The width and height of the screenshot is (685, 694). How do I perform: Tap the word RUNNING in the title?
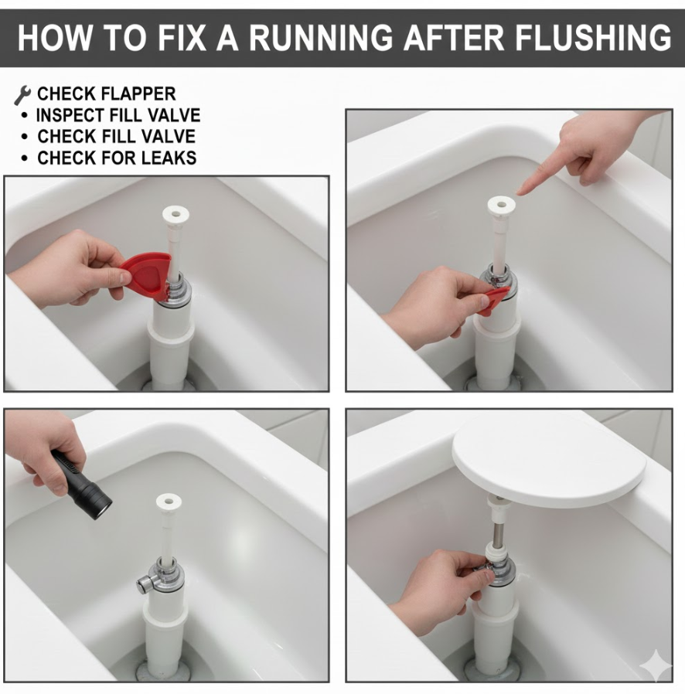point(321,37)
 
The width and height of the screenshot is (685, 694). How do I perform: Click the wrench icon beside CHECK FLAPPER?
point(22,95)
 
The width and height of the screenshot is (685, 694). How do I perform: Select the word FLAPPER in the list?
point(138,94)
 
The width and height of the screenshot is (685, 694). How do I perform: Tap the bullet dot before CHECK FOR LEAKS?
point(24,158)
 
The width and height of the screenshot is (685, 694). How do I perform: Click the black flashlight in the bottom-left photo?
point(82,485)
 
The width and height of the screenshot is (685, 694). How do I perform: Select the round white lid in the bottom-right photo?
point(548,462)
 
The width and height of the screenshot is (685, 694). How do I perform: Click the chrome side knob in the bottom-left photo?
point(145,584)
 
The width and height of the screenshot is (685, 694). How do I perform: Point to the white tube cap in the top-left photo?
point(176,215)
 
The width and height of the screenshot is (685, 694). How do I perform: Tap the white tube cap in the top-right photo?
point(501,206)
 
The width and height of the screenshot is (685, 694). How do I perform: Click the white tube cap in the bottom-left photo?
point(169,502)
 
